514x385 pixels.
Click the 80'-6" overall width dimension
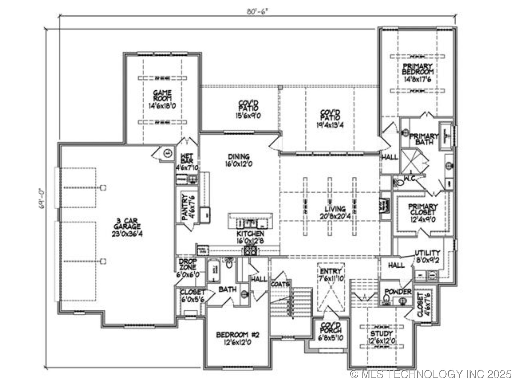click(x=257, y=12)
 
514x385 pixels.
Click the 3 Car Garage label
click(x=127, y=224)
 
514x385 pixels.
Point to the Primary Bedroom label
click(x=418, y=69)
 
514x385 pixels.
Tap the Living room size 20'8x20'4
click(x=335, y=216)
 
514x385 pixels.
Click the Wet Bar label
click(x=187, y=158)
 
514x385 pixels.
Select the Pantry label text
click(x=184, y=207)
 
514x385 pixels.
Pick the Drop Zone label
click(x=188, y=264)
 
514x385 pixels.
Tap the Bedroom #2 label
click(x=237, y=335)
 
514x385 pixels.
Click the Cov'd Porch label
click(x=331, y=328)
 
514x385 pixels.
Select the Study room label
click(x=381, y=334)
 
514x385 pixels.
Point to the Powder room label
click(x=398, y=292)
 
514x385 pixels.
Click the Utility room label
click(x=427, y=253)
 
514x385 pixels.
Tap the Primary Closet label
click(x=423, y=209)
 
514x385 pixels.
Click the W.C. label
click(x=410, y=178)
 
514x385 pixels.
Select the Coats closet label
click(x=280, y=284)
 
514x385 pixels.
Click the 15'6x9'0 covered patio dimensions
click(x=247, y=116)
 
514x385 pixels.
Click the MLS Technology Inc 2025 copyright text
click(x=431, y=374)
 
